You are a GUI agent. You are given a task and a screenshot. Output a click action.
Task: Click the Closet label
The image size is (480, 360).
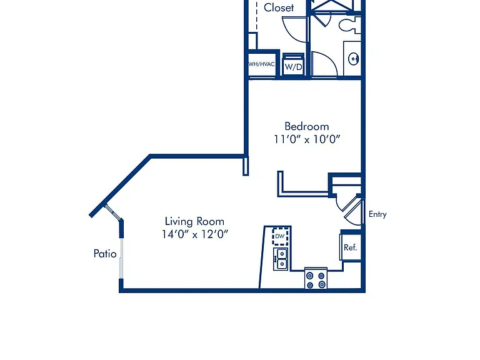point(279,7)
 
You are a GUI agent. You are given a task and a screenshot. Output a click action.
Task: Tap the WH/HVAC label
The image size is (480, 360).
point(261,64)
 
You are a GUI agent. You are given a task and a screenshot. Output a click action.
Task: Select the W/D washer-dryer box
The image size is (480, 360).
point(293,64)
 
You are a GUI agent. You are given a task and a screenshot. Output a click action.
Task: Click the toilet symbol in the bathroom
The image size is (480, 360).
point(350,24)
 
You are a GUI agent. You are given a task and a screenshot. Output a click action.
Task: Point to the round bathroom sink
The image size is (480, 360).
point(354,59)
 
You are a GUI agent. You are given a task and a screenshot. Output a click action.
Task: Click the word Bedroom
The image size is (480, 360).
point(307,126)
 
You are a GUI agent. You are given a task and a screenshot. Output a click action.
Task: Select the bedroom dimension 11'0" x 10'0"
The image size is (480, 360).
point(307,139)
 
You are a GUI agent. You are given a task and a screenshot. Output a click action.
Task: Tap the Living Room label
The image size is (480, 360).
point(194,221)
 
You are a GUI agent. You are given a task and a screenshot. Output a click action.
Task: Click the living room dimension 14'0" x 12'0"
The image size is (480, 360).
point(195,234)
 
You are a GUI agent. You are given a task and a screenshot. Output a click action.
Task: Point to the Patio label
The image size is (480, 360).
point(105,254)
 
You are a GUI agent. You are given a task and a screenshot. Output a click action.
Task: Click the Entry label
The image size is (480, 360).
point(377,214)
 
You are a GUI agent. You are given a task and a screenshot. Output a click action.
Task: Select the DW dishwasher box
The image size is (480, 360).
point(280,236)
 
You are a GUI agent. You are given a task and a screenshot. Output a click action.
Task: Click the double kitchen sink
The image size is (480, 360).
point(281,259)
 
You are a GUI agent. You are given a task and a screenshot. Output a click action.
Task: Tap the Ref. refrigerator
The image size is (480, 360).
point(351,247)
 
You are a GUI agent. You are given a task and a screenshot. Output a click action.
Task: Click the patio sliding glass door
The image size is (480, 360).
point(121,259)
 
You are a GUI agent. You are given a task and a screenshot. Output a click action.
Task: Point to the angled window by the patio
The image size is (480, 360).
point(112,212)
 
